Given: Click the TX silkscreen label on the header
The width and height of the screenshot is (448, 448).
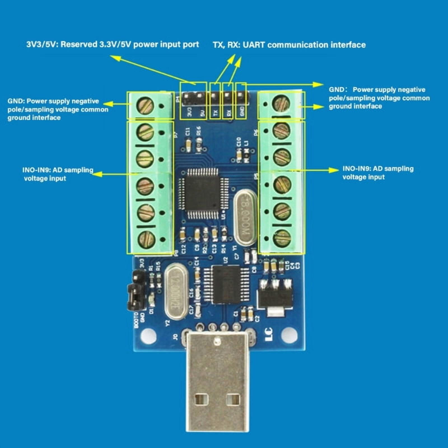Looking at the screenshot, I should click(x=215, y=113).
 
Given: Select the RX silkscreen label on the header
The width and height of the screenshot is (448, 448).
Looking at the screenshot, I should click(x=228, y=113).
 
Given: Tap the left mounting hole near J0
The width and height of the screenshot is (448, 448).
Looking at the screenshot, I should click(x=148, y=336).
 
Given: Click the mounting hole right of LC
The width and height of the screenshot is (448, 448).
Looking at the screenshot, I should click(x=289, y=335).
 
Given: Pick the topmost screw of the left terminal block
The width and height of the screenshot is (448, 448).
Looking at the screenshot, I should click(x=145, y=106).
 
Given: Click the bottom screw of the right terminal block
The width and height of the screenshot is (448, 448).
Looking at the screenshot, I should click(x=282, y=238).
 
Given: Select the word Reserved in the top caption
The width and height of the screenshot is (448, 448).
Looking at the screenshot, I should click(x=79, y=44).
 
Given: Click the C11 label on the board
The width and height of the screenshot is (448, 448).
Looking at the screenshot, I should click(x=188, y=132).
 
